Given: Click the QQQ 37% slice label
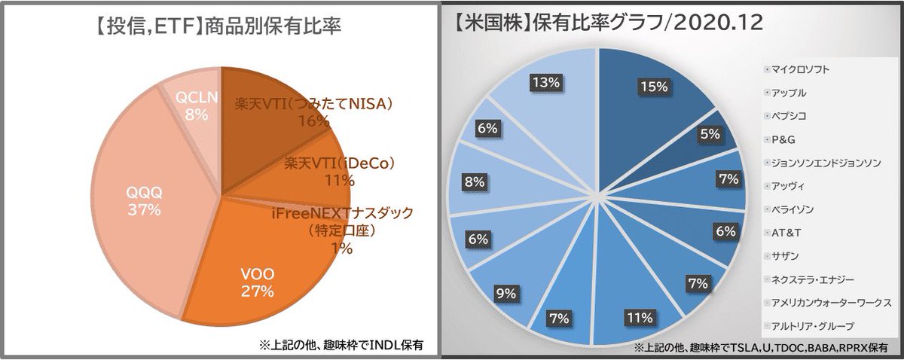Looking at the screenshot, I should tap(143, 202).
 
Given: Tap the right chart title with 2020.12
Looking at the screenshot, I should tap(610, 23).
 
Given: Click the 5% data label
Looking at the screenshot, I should tap(707, 134).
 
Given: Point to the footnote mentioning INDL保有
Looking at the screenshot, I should tap(342, 346).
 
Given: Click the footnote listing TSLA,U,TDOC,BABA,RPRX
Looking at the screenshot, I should tap(762, 348).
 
